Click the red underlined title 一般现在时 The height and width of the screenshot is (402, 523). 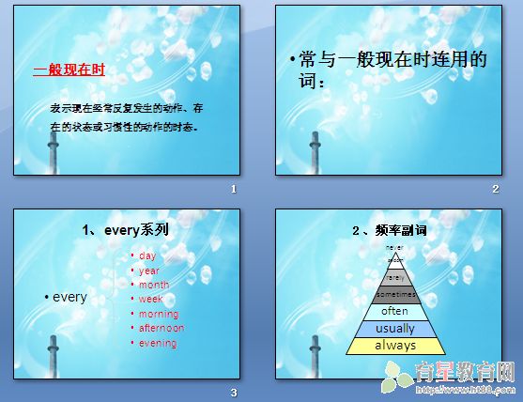tap(69, 70)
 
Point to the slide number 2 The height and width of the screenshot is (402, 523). tap(495, 190)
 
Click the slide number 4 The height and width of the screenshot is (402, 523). tap(495, 392)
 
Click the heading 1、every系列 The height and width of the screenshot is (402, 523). tap(126, 229)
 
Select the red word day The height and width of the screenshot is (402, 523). tap(147, 255)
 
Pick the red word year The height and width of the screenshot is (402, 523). tap(149, 271)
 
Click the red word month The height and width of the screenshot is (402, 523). tap(154, 285)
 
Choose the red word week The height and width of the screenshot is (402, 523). tap(151, 300)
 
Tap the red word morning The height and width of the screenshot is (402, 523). tap(158, 314)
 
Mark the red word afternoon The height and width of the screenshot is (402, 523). tap(162, 328)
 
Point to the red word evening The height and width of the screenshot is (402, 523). tap(157, 343)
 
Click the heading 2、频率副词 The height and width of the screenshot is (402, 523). tap(382, 229)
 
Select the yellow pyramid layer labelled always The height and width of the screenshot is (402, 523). tap(394, 346)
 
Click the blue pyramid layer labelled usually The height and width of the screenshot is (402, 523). tap(394, 329)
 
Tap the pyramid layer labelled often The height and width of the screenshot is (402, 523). tap(394, 311)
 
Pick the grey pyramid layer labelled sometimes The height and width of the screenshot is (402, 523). tap(394, 294)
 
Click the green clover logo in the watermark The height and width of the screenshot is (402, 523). tap(393, 377)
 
